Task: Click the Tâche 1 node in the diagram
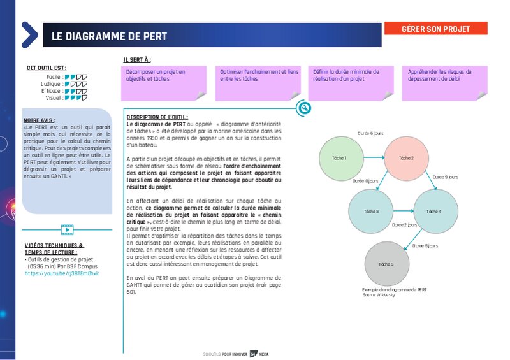coord(339,158)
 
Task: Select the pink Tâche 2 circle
coord(407,158)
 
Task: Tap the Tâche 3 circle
coord(371,211)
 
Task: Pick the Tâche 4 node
coord(435,211)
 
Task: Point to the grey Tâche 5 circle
coord(386,264)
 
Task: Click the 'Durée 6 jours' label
coord(370,133)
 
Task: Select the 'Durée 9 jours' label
coord(445,176)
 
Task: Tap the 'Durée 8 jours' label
coord(365,181)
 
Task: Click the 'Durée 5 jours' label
coord(425,245)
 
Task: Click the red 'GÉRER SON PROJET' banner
coord(435,29)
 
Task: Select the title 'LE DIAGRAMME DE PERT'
coord(110,36)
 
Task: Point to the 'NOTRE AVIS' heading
coord(39,120)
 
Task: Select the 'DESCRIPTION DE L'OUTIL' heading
coord(157,117)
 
